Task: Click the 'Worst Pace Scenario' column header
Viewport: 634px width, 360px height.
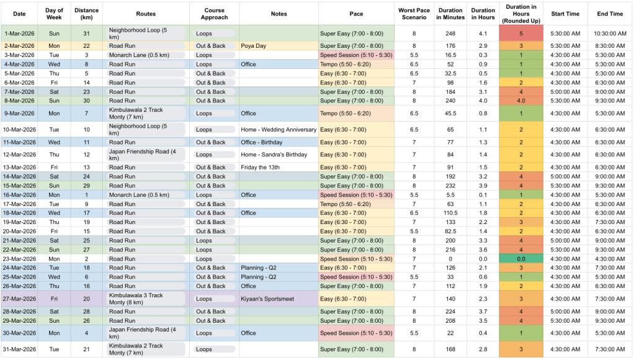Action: click(x=414, y=13)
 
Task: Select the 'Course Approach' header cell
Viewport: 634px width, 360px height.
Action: click(x=215, y=13)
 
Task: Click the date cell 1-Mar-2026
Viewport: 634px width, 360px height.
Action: click(x=19, y=33)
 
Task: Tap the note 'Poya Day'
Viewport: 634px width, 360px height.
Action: click(x=253, y=46)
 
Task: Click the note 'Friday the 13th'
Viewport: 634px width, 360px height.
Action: click(x=261, y=168)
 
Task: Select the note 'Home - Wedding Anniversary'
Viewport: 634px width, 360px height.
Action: click(x=279, y=130)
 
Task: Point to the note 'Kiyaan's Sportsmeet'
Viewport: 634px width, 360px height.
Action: click(x=268, y=299)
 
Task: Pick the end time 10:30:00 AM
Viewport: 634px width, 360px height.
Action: click(x=610, y=33)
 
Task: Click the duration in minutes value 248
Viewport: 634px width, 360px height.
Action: click(x=450, y=33)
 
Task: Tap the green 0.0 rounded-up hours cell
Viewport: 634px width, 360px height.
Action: click(x=521, y=259)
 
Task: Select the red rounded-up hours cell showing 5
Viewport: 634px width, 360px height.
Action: click(x=521, y=33)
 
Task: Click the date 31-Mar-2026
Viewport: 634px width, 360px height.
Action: click(x=19, y=349)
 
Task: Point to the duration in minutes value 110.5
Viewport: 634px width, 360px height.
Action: click(x=450, y=213)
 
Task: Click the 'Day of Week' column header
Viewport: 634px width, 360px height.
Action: click(x=55, y=13)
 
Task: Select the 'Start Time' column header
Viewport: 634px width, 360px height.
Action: click(x=565, y=13)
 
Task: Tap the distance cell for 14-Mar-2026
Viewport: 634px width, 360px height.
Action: click(x=87, y=177)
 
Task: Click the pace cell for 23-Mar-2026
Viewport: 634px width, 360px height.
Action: click(x=356, y=259)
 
